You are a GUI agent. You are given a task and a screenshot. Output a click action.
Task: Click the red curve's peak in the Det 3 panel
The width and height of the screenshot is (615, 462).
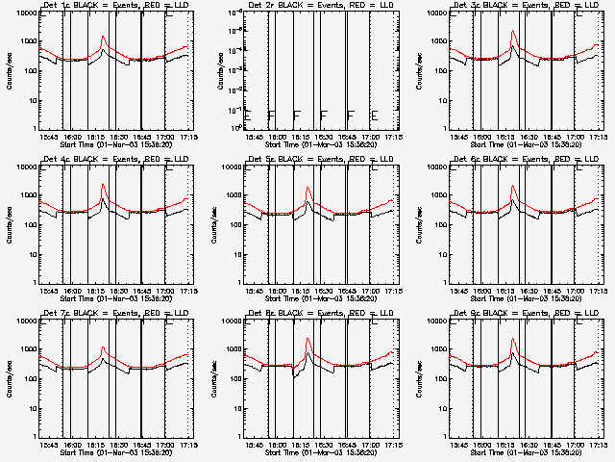point(513,33)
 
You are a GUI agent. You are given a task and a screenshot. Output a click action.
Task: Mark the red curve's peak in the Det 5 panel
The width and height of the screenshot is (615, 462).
point(308,188)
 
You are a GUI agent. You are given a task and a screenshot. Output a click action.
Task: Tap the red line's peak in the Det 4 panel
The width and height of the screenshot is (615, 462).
point(103,185)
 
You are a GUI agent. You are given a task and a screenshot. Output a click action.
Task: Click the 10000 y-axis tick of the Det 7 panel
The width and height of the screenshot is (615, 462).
point(24,321)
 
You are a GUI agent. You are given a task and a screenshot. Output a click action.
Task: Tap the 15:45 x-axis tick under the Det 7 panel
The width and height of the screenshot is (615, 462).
point(49,446)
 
